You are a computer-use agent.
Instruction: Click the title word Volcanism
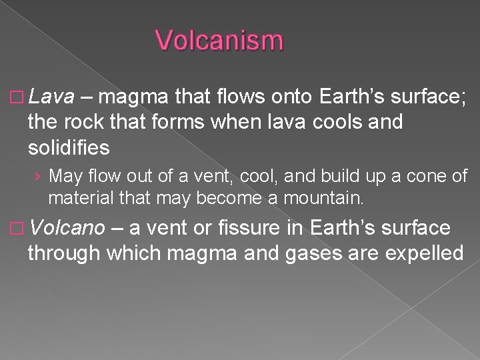point(219,41)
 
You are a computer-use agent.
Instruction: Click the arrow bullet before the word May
point(40,177)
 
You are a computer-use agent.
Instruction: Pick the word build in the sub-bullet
point(343,177)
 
